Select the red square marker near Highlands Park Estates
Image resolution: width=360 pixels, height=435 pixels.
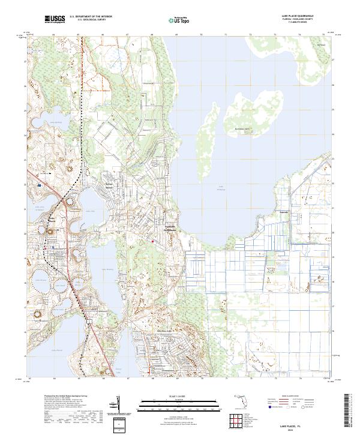click(x=152, y=242)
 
